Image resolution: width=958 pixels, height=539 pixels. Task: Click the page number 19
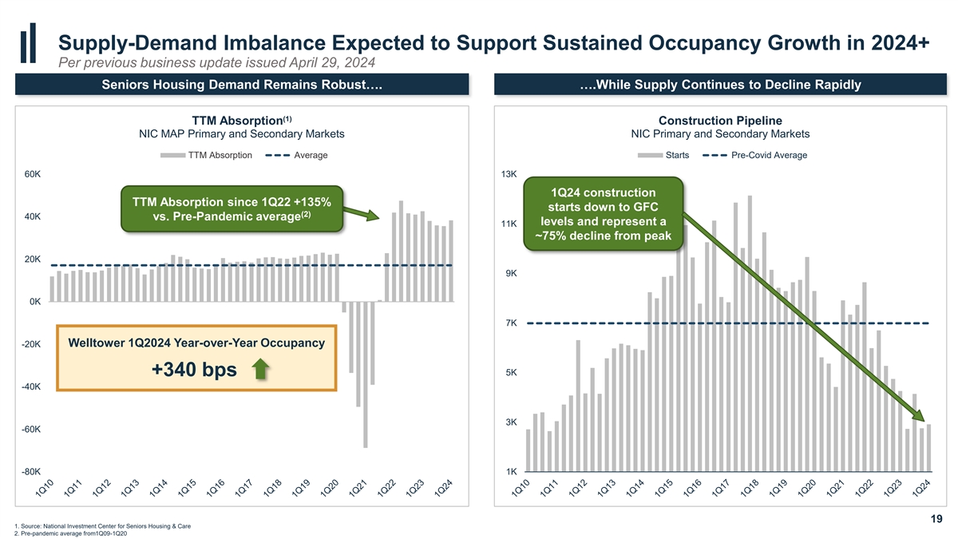[x=936, y=521]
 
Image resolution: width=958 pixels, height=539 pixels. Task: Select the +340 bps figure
[x=194, y=372]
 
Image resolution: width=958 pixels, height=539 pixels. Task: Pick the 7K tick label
[x=511, y=323]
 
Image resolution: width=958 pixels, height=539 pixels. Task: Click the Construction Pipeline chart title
[x=719, y=121]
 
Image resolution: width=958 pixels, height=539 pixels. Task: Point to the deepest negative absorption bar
[x=366, y=375]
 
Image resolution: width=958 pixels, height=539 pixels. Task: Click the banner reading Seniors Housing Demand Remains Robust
[x=240, y=85]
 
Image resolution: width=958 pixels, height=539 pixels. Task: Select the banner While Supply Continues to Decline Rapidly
[x=719, y=85]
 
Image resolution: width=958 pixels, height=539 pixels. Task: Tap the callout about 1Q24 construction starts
[x=603, y=214]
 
